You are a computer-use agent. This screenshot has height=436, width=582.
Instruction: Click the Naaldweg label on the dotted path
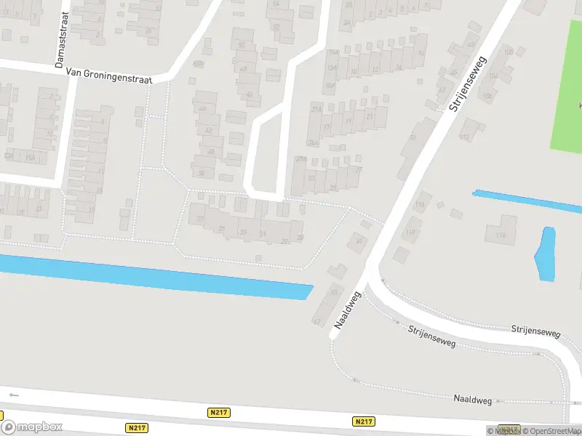coord(473,399)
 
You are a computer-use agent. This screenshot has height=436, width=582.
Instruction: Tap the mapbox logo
coord(32,427)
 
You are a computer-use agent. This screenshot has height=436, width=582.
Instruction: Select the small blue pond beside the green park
coord(545,254)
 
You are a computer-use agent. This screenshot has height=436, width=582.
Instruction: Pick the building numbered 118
coord(411,233)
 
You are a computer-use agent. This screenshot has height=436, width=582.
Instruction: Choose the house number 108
coord(509,52)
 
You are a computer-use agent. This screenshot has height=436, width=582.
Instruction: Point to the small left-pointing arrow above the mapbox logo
coord(14,395)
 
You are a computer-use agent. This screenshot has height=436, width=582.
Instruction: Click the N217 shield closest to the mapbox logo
coord(136,428)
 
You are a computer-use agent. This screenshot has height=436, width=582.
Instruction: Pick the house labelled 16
coord(420,53)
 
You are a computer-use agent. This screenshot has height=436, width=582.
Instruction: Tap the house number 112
coord(463,137)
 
